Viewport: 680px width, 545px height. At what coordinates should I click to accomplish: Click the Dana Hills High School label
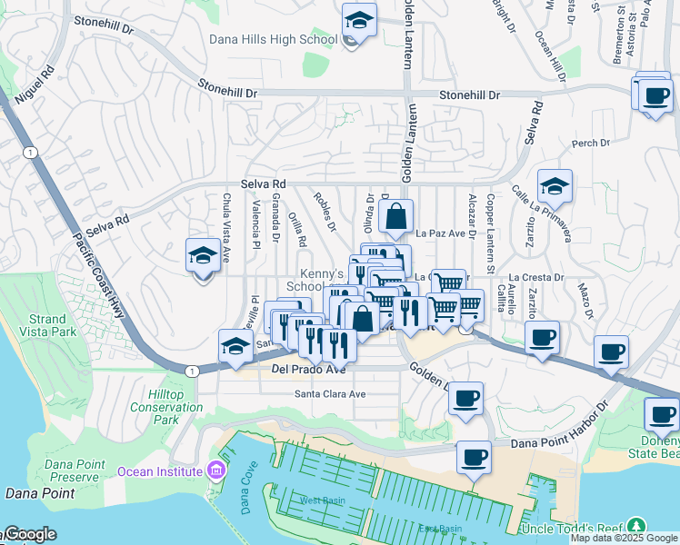(x=273, y=39)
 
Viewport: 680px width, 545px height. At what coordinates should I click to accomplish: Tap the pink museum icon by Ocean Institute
(x=215, y=471)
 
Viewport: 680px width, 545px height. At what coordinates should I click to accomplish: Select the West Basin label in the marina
(x=319, y=500)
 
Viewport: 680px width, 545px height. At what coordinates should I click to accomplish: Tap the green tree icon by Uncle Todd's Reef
(x=637, y=527)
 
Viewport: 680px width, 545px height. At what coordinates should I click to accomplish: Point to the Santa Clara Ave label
(x=329, y=394)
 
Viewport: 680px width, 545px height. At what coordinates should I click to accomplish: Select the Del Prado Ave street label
(x=309, y=370)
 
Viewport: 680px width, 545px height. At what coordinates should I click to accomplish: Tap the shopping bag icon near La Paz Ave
(x=396, y=217)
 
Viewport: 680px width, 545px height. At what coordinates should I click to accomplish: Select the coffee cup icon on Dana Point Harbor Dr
(x=473, y=457)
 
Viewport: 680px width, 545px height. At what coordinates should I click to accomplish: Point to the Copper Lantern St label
(x=489, y=233)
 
